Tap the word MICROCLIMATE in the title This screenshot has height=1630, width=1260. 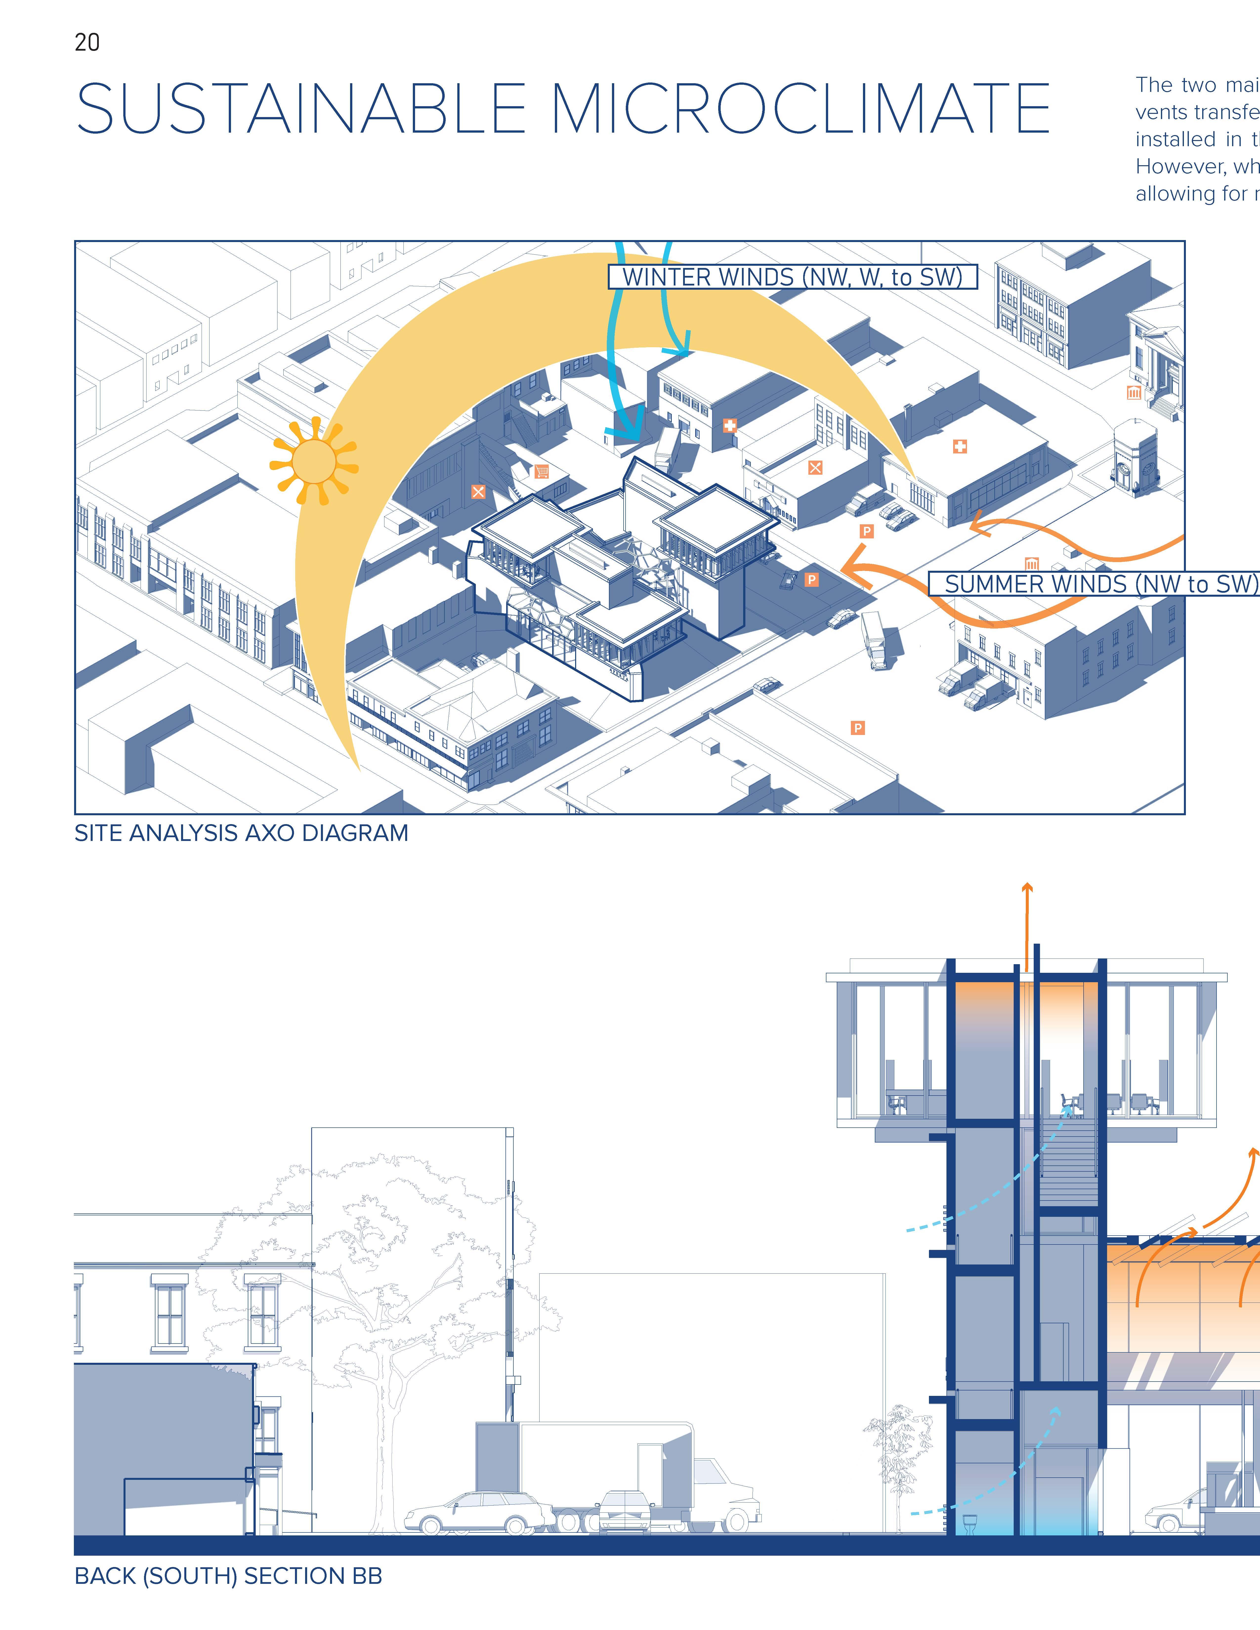tap(799, 109)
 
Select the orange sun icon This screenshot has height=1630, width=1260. tap(314, 461)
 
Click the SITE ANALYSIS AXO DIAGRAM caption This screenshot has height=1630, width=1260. tap(241, 833)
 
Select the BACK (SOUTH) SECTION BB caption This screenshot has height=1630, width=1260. tap(228, 1575)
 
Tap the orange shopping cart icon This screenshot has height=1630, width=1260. tap(542, 471)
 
